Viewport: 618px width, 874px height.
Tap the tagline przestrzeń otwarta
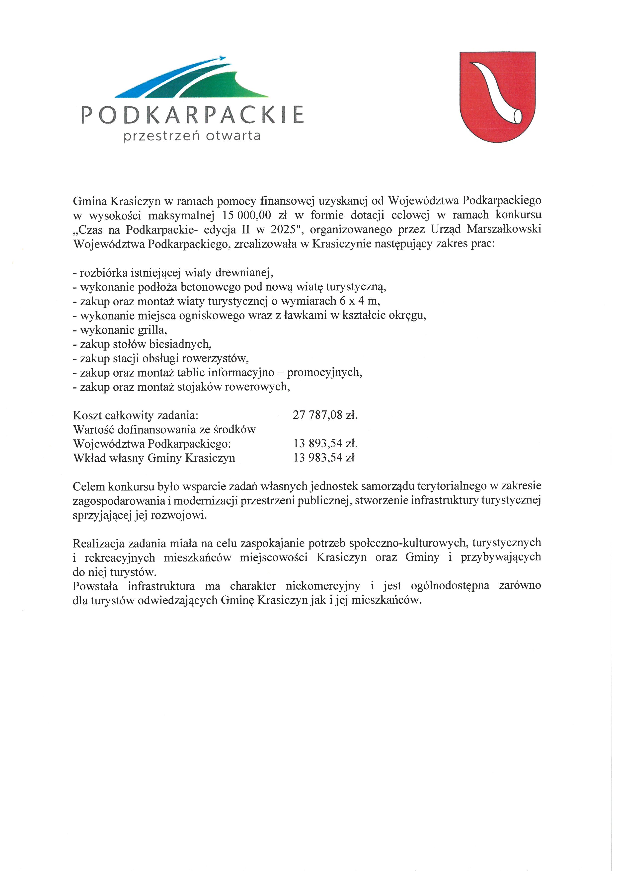coord(192,136)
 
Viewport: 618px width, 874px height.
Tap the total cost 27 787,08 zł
coord(325,415)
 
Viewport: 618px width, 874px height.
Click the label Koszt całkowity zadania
coord(136,415)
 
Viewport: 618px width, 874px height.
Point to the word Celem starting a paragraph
coord(89,486)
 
